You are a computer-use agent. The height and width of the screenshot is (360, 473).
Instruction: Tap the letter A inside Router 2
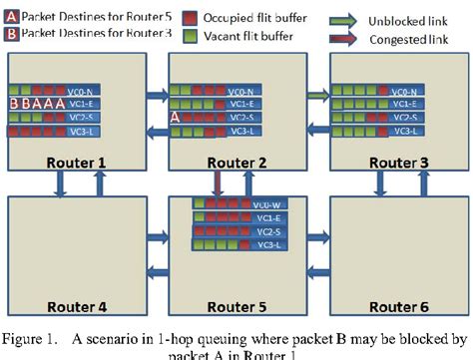[x=176, y=117]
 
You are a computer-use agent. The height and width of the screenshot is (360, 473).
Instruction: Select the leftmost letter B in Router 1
[x=13, y=103]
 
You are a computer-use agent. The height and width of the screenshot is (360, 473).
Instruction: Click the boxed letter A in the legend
[x=12, y=16]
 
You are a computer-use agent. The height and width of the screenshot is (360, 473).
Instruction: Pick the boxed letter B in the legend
[x=12, y=34]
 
